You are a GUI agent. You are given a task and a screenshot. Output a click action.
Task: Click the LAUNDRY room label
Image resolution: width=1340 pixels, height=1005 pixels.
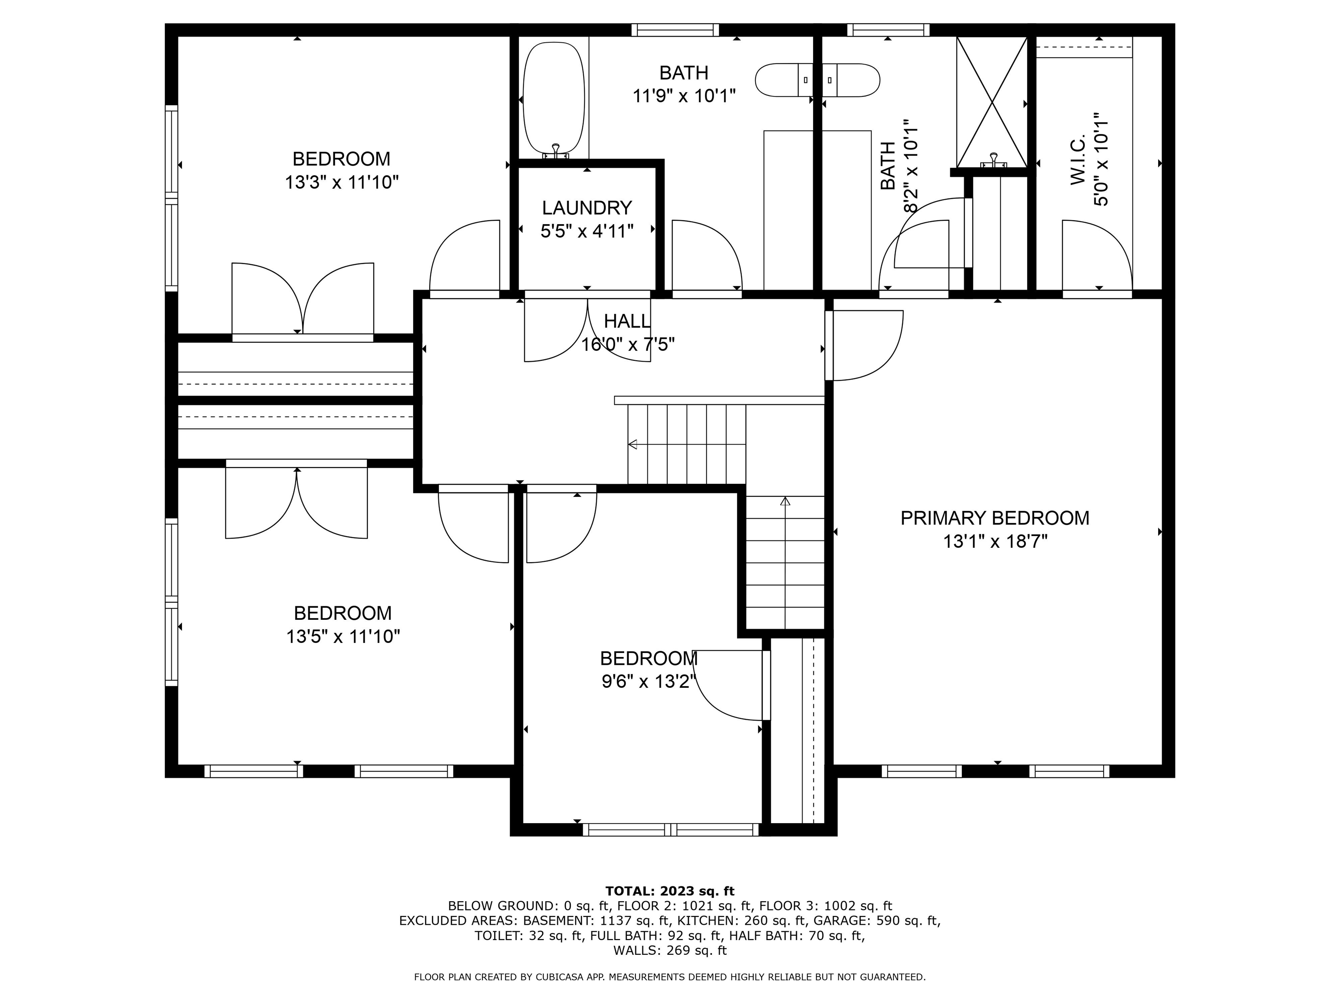(x=586, y=208)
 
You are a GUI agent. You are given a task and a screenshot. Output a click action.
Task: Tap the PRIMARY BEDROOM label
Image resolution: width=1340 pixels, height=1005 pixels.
(x=995, y=518)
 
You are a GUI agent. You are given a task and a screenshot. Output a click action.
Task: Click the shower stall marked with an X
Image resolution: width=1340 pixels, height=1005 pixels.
(x=991, y=101)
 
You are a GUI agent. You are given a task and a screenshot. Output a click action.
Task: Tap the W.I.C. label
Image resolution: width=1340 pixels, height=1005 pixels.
(x=1078, y=161)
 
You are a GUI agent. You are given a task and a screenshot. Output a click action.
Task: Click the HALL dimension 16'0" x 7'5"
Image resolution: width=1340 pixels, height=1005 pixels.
(x=628, y=345)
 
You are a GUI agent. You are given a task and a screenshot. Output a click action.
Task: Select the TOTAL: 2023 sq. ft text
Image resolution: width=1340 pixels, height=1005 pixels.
(x=670, y=891)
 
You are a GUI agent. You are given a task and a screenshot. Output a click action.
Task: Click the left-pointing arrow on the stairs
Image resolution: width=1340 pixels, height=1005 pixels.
(x=633, y=444)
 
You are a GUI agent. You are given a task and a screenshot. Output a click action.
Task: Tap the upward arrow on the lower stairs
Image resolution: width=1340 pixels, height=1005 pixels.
(x=785, y=502)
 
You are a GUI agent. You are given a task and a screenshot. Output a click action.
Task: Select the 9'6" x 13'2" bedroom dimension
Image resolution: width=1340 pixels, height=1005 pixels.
(x=648, y=682)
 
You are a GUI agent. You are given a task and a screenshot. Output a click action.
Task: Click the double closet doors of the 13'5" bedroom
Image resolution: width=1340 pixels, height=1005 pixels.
(x=296, y=503)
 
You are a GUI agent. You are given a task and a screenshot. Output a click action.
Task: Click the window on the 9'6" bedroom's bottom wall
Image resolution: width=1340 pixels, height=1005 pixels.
(x=670, y=829)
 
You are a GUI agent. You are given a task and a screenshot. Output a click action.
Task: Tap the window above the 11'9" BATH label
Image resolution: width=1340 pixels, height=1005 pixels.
(x=675, y=30)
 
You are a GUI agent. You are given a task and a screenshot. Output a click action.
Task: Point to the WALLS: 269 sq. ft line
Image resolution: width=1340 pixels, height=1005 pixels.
(x=670, y=950)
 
